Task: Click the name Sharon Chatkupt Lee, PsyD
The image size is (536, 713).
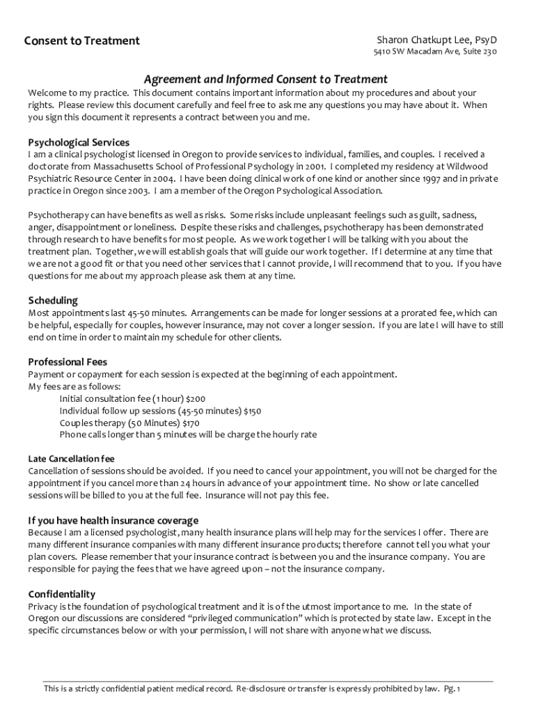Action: pyautogui.click(x=437, y=40)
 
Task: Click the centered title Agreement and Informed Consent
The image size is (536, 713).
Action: pyautogui.click(x=265, y=79)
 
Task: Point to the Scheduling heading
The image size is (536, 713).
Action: pyautogui.click(x=53, y=300)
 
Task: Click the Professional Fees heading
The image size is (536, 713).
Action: pyautogui.click(x=68, y=361)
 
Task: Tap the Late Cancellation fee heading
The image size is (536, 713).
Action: pyautogui.click(x=71, y=459)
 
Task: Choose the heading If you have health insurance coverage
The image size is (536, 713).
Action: pyautogui.click(x=113, y=520)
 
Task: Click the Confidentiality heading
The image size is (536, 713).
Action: pyautogui.click(x=61, y=594)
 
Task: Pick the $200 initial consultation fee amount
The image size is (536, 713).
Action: pyautogui.click(x=196, y=399)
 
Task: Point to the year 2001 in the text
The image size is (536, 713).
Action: pyautogui.click(x=315, y=166)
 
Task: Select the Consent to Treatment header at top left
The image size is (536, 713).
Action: pyautogui.click(x=82, y=40)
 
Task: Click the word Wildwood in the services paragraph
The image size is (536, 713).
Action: pyautogui.click(x=467, y=166)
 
